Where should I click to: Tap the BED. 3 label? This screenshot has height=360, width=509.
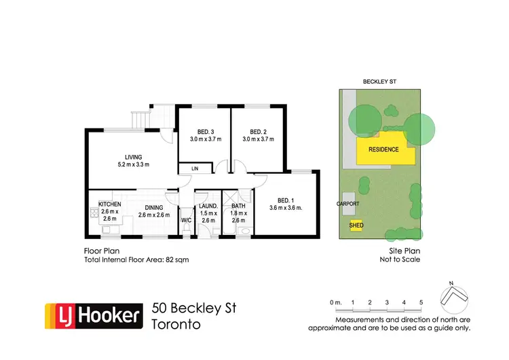pos(206,131)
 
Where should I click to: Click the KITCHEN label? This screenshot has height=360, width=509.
pos(110,204)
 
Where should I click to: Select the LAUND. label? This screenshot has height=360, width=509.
pos(208,206)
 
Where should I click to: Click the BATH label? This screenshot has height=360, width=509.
pos(238,206)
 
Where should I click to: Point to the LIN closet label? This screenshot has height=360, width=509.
pos(195,168)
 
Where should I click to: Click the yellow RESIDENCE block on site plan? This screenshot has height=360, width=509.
pos(383,149)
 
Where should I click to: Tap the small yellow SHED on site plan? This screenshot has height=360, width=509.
pos(356,225)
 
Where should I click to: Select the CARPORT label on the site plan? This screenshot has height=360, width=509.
pos(347,203)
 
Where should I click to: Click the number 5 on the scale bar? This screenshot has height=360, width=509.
pos(421,302)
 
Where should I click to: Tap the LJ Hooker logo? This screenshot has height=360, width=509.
pos(94,316)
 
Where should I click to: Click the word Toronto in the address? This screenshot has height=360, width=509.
pos(176,324)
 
